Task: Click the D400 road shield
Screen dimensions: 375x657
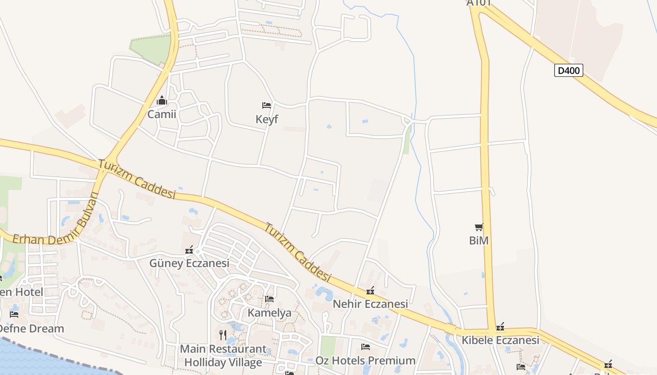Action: (568, 70)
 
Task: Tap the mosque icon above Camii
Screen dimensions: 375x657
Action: (162, 100)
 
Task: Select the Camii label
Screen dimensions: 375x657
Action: (162, 114)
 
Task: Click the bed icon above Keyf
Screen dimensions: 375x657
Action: (267, 105)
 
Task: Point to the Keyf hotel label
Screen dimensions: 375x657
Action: (267, 119)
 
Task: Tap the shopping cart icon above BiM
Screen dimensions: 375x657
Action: (479, 227)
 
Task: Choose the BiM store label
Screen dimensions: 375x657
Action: (479, 240)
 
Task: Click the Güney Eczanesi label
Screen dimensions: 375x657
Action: (189, 263)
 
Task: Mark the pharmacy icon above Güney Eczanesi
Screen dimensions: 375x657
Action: (189, 250)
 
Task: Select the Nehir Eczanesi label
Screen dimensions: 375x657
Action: (370, 304)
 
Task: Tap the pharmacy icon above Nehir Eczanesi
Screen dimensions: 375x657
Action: (370, 291)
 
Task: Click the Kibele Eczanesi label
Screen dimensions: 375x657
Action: (500, 340)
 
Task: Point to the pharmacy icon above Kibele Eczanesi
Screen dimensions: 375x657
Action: (500, 327)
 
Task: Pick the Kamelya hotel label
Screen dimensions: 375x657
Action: (269, 312)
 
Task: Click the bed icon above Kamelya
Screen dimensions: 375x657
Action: (269, 299)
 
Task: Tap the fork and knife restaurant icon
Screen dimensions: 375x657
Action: (223, 335)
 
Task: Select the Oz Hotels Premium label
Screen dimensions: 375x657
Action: (365, 360)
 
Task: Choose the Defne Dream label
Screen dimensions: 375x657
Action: (31, 328)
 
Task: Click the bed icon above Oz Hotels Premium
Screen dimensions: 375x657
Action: (366, 347)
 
